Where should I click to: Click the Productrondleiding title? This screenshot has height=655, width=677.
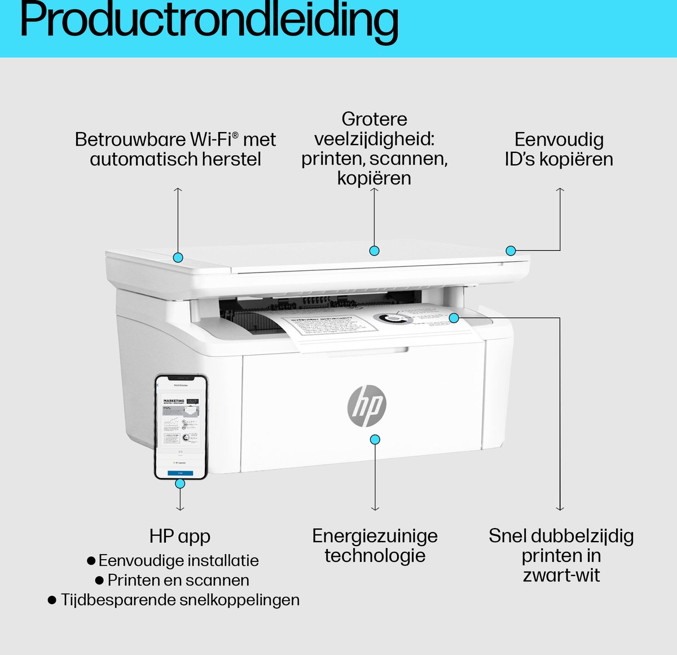[209, 21]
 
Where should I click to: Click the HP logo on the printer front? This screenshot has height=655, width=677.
[367, 406]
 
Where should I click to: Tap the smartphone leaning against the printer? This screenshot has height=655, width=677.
[181, 427]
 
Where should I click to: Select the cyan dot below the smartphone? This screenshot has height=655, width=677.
[180, 483]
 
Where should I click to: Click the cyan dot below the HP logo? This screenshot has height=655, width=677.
[375, 439]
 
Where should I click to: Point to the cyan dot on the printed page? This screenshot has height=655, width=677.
[454, 318]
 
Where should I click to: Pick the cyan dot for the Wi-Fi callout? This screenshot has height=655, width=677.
[178, 257]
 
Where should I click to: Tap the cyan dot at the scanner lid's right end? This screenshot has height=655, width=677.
[511, 250]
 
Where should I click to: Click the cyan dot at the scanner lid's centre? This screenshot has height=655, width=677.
[374, 250]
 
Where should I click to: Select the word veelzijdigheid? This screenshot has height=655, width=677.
[374, 139]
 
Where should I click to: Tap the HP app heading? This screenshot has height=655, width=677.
[180, 536]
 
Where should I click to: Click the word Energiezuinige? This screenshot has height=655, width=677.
[375, 536]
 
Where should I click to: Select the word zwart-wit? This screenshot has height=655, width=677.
[561, 575]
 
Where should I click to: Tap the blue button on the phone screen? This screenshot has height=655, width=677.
[181, 473]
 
